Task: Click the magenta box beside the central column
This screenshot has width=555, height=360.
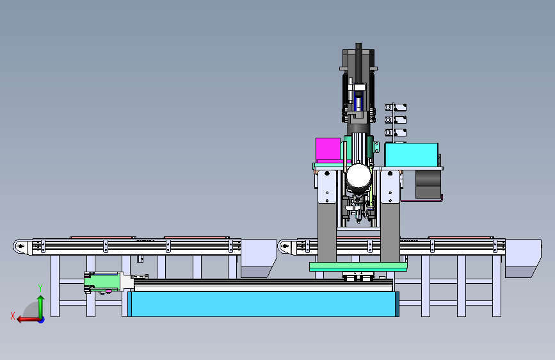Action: (x=328, y=149)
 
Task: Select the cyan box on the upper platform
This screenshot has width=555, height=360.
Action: (x=412, y=155)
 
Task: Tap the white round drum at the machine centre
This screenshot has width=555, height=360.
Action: (x=358, y=176)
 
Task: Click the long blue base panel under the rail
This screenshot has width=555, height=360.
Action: (x=263, y=304)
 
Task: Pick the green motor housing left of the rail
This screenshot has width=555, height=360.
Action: (x=102, y=282)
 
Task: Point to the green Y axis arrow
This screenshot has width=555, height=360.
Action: (x=41, y=307)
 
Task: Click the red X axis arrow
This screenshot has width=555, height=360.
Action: (x=29, y=320)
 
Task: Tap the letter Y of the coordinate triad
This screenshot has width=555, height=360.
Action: (x=40, y=288)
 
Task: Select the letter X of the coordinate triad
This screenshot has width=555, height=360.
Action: (x=13, y=316)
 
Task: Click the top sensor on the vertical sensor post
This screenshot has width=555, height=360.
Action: (x=396, y=107)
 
